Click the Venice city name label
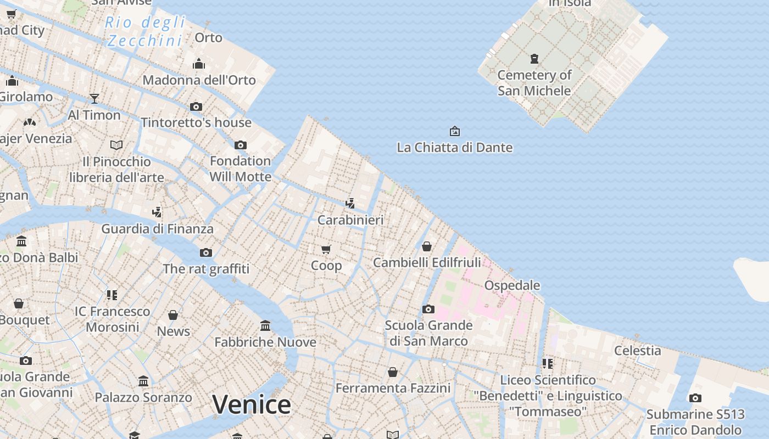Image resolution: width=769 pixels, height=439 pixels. click(252, 405)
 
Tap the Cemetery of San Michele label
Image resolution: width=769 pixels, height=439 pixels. click(534, 83)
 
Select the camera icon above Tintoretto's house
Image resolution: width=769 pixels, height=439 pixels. click(196, 106)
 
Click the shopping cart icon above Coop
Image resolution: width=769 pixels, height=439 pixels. click(326, 250)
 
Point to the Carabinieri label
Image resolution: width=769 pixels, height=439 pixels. click(350, 220)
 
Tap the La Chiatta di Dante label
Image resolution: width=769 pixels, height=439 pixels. click(454, 148)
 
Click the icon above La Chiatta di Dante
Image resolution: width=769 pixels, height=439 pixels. click(454, 131)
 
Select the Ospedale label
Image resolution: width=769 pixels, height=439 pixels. click(512, 285)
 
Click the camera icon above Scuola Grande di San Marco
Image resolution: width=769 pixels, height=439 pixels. click(428, 309)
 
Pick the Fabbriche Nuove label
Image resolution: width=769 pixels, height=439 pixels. click(265, 342)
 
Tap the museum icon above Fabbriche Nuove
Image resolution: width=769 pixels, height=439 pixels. click(265, 326)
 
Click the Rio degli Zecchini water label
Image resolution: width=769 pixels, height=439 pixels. click(145, 31)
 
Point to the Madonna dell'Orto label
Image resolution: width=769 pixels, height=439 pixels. click(199, 80)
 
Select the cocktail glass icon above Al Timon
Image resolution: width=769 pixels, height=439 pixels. click(94, 99)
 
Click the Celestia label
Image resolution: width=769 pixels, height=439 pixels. click(637, 350)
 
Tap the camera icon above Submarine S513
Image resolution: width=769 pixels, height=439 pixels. click(695, 398)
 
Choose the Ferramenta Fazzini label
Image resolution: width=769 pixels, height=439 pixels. click(393, 389)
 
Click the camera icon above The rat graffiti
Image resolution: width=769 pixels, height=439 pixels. click(206, 252)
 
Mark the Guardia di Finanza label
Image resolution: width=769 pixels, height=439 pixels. click(157, 229)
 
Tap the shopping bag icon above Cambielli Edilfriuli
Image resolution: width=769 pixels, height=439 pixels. click(427, 246)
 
